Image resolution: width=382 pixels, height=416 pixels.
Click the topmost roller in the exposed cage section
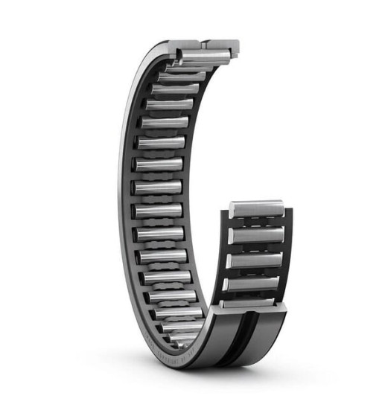[x=256, y=209]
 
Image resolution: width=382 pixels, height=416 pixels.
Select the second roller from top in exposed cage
[x=255, y=235]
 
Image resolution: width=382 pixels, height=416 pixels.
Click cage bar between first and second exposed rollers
[x=255, y=223]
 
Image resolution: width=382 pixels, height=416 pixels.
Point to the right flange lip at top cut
[x=235, y=51]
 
